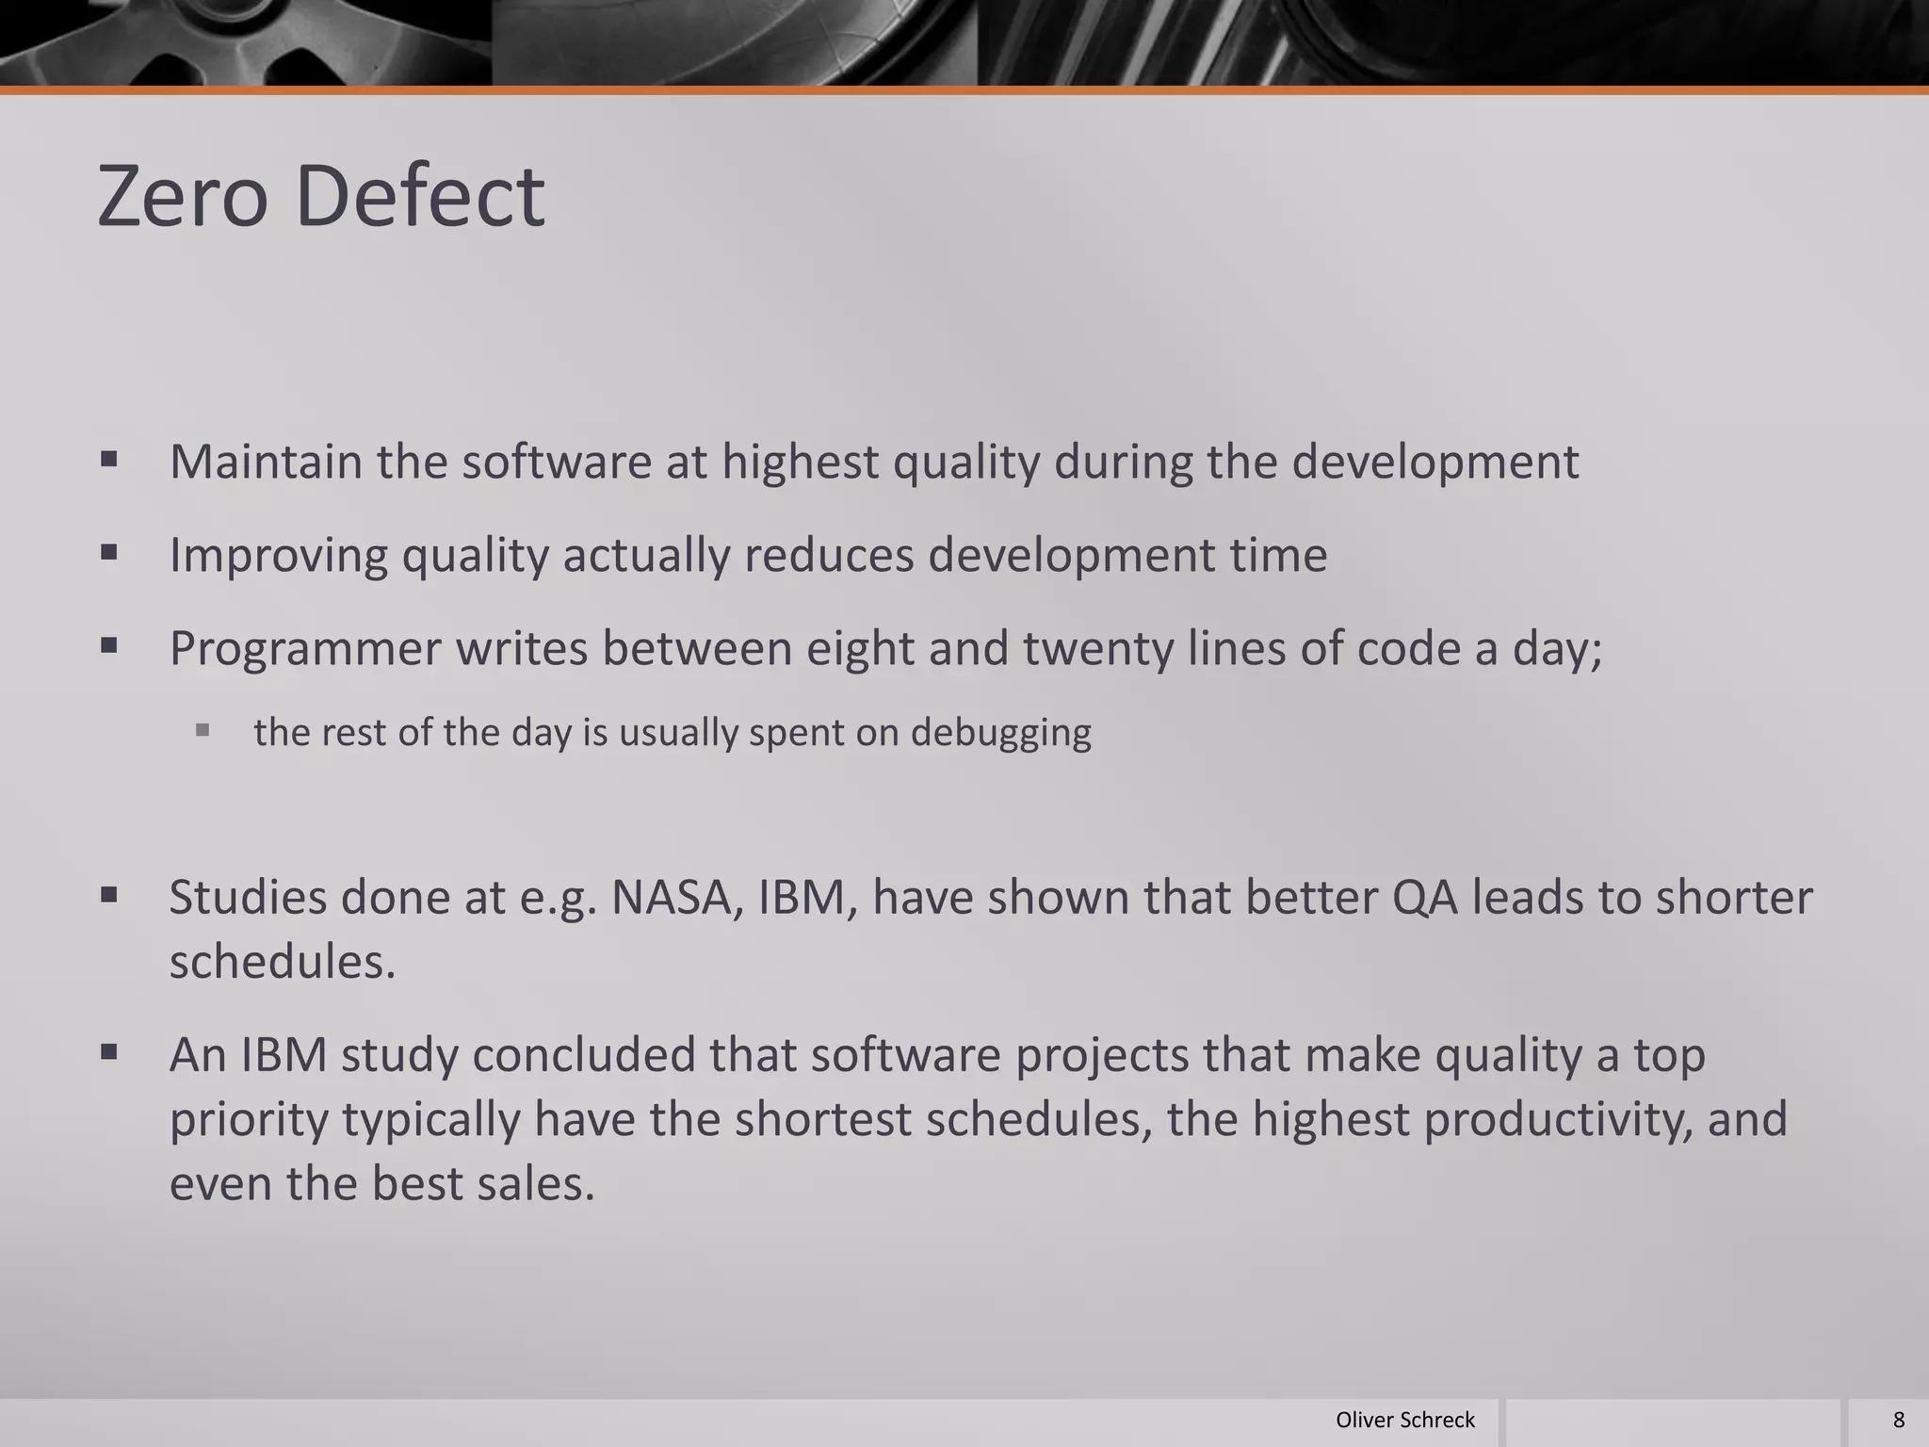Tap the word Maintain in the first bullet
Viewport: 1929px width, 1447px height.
tap(266, 462)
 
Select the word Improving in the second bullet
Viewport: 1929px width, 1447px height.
tap(278, 555)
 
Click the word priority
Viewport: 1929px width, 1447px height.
tap(248, 1119)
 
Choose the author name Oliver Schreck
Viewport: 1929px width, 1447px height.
tap(1404, 1420)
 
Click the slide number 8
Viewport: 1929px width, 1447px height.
tap(1898, 1420)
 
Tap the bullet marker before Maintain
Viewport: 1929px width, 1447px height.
tap(109, 460)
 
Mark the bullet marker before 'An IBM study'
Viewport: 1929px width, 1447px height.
tap(109, 1051)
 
